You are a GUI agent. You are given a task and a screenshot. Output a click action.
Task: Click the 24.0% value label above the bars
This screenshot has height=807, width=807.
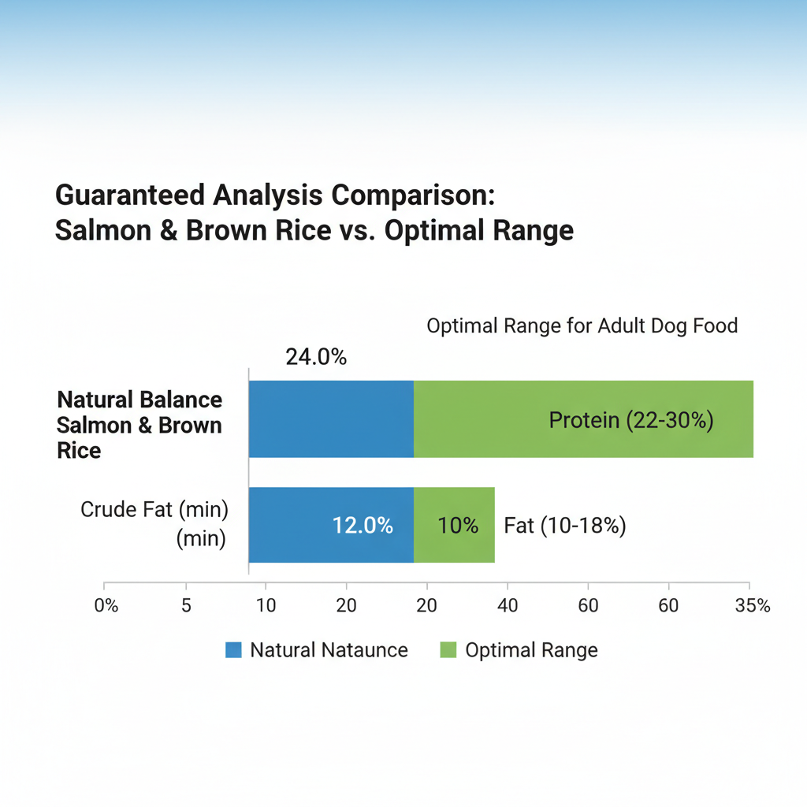pyautogui.click(x=316, y=357)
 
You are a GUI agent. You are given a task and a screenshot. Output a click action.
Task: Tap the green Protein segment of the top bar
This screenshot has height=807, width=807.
pyautogui.click(x=583, y=419)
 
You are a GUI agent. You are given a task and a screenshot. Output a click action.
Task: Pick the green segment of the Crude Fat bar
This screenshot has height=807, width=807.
pyautogui.click(x=454, y=525)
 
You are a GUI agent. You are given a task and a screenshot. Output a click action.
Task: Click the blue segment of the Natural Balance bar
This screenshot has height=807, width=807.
pyautogui.click(x=331, y=419)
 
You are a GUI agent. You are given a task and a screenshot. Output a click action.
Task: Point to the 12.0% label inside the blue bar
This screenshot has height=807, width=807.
pyautogui.click(x=363, y=525)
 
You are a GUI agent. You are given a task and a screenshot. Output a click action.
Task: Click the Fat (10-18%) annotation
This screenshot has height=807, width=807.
pyautogui.click(x=565, y=526)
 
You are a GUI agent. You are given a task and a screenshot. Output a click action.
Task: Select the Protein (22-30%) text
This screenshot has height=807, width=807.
pyautogui.click(x=631, y=420)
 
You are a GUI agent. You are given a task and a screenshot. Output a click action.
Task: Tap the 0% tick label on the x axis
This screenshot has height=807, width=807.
pyautogui.click(x=106, y=606)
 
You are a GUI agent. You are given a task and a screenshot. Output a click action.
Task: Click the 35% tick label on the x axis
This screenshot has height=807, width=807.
pyautogui.click(x=752, y=606)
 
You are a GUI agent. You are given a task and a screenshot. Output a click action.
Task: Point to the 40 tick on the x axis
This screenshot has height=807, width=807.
pyautogui.click(x=508, y=606)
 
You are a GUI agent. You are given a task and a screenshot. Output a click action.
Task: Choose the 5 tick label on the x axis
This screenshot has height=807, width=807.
pyautogui.click(x=186, y=606)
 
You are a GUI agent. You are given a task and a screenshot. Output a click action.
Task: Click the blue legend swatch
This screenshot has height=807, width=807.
pyautogui.click(x=233, y=650)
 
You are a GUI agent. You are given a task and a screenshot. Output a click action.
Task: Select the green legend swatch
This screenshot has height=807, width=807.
pyautogui.click(x=447, y=650)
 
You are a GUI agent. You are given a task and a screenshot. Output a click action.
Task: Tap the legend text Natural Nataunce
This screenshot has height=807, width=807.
pyautogui.click(x=329, y=650)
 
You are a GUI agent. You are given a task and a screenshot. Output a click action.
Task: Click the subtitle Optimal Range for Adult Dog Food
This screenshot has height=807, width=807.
pyautogui.click(x=582, y=325)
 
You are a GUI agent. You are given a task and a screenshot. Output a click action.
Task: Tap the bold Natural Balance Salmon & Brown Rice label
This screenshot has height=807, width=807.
pyautogui.click(x=139, y=425)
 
